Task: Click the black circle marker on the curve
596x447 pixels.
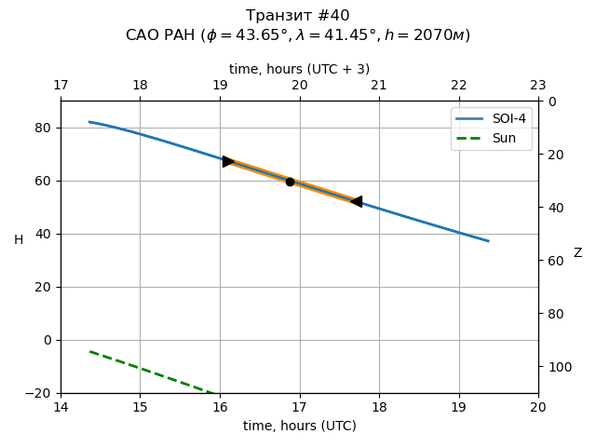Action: (x=290, y=182)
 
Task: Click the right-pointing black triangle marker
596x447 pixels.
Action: (x=228, y=161)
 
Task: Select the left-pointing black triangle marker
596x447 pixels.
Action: (x=356, y=201)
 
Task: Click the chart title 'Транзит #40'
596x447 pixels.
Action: (x=298, y=16)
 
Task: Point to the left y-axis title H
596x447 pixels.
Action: (x=19, y=240)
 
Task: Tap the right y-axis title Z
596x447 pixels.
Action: (x=577, y=253)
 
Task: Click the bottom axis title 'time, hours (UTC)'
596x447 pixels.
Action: (x=300, y=426)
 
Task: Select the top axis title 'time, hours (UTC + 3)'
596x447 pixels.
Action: (x=300, y=69)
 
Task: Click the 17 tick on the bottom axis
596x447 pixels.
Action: (x=300, y=407)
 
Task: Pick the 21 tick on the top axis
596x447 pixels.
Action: (x=379, y=86)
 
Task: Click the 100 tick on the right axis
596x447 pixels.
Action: (x=557, y=367)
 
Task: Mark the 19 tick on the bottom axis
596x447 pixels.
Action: (x=459, y=407)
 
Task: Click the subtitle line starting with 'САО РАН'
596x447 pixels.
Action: (x=298, y=35)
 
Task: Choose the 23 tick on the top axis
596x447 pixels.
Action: (x=538, y=86)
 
